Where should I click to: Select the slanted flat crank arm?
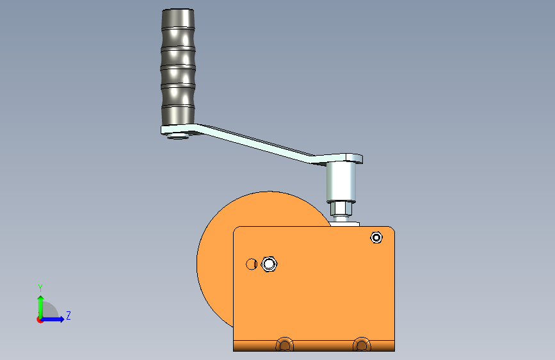(x=256, y=143)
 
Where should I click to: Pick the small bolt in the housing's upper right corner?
(x=376, y=238)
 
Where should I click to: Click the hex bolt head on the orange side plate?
(x=269, y=264)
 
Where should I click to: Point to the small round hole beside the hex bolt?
(x=252, y=264)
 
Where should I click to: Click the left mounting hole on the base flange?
(x=284, y=345)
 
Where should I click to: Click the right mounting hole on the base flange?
(x=362, y=345)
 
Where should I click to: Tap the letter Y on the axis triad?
(x=40, y=288)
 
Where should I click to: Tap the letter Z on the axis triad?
(x=68, y=316)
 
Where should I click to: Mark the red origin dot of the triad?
(x=40, y=320)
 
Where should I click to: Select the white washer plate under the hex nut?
(x=346, y=224)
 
